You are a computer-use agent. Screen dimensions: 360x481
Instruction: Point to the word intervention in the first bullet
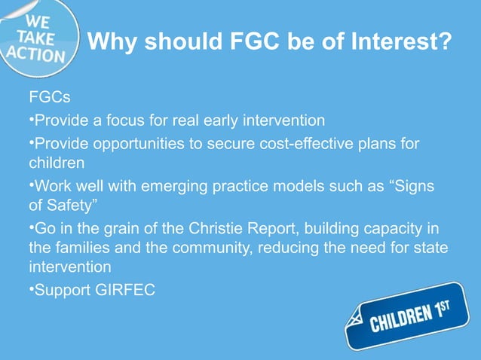(x=283, y=121)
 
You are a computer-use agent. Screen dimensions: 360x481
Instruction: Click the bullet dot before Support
(x=31, y=289)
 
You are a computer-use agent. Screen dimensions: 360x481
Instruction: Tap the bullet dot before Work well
(x=31, y=185)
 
